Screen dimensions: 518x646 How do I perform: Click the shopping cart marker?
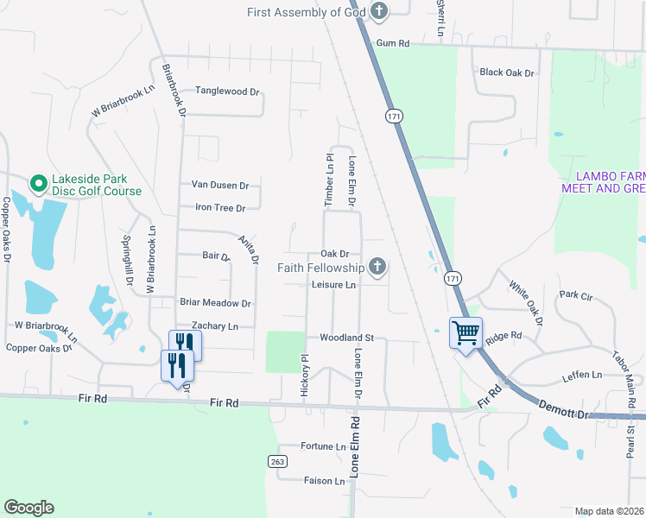465,332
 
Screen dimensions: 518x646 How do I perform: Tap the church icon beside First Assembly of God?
378,12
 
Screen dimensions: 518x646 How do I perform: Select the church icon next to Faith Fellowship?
377,268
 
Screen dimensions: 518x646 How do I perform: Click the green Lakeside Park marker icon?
38,183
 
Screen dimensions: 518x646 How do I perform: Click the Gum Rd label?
391,43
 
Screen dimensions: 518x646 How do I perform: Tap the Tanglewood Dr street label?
227,91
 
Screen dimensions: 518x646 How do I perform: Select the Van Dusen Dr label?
219,185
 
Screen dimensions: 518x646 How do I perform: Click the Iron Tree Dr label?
220,207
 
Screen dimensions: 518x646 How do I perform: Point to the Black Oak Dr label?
507,73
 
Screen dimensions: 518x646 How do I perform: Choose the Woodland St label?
345,338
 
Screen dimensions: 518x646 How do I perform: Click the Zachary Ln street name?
214,325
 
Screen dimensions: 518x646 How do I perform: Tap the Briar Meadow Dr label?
215,303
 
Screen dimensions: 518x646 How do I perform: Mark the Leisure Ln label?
333,284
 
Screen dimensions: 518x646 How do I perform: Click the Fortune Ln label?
323,446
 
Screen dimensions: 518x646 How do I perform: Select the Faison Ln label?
324,481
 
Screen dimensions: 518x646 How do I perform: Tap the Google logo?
28,508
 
